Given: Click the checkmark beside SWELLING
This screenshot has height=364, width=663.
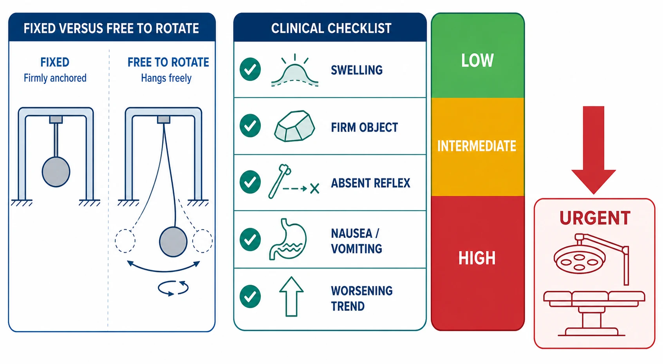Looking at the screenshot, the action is tap(250, 69).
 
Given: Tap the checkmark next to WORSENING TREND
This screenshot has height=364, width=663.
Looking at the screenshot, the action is tap(250, 297).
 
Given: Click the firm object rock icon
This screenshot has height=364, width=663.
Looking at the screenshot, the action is tap(294, 126).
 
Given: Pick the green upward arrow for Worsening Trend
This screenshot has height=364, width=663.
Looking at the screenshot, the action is tap(291, 297).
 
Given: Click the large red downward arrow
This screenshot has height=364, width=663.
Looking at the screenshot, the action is tap(593, 150).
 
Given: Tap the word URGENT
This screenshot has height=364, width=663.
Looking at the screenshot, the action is tap(594, 218).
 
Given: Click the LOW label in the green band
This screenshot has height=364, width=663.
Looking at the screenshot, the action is tap(477, 60).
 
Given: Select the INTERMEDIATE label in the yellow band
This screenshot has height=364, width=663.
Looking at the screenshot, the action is tap(477, 146).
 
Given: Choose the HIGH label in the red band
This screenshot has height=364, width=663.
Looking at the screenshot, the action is tap(477, 258).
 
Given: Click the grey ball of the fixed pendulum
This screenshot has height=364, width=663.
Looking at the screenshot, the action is tap(56, 172).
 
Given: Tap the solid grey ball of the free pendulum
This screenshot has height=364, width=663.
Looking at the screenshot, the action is tap(173, 242).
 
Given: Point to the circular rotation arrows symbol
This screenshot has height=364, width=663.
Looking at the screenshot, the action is tap(173, 288).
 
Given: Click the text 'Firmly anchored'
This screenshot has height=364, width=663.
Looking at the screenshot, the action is tap(55, 78).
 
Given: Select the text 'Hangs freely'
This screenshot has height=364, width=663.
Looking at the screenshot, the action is tap(166, 78).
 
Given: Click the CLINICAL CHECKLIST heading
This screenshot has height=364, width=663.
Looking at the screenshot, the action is tap(331, 29).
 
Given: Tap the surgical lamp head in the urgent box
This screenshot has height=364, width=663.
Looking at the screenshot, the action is tap(579, 260).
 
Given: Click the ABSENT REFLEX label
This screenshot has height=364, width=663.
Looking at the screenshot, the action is tap(370, 183).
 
